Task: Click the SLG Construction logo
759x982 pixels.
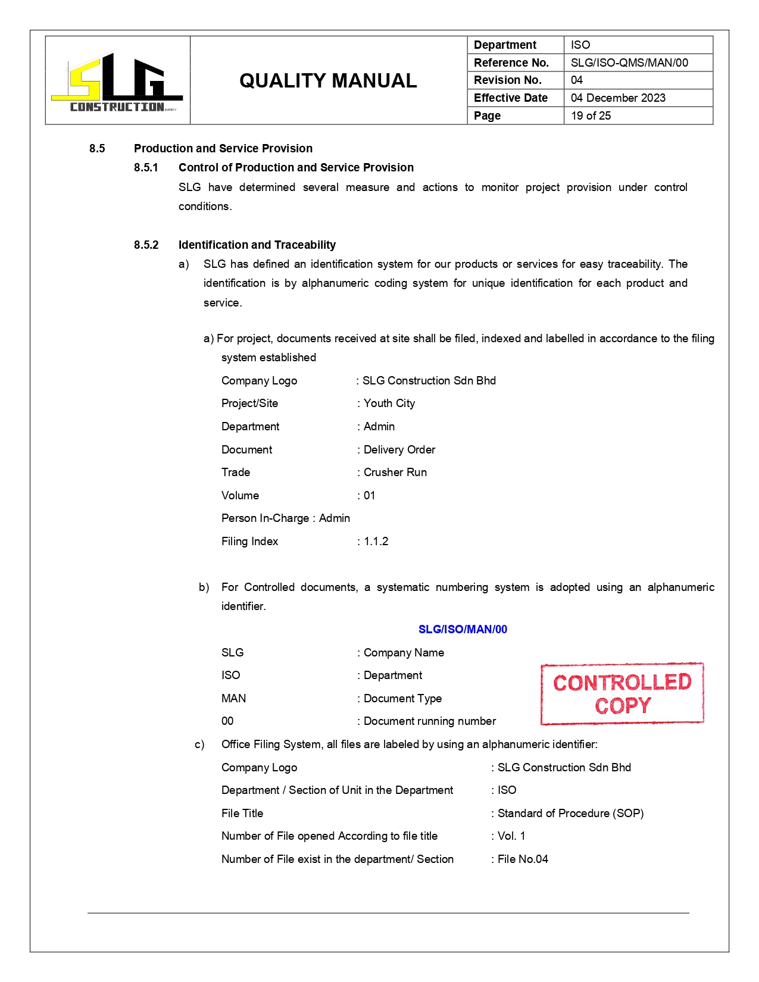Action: (117, 81)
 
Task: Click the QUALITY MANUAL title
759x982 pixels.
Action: (328, 81)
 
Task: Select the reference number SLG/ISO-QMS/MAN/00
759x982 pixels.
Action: (629, 62)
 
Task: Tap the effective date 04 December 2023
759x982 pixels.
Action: (618, 98)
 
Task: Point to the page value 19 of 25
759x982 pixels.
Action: (591, 116)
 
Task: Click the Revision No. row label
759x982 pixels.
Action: (508, 80)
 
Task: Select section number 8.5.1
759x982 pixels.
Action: (146, 168)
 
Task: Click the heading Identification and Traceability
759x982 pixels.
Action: (257, 245)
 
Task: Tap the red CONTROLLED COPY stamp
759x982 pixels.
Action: (622, 694)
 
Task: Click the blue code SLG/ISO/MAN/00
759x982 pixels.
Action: (463, 630)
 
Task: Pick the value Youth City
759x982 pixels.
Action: (389, 404)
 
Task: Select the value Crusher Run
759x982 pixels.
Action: (395, 473)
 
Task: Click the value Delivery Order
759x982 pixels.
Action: (399, 450)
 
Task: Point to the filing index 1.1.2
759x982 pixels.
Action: (376, 542)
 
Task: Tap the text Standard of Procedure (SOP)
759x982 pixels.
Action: (570, 814)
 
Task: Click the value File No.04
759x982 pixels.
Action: (523, 859)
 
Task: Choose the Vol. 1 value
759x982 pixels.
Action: (511, 836)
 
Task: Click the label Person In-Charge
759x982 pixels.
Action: (265, 518)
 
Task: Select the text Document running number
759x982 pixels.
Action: (430, 721)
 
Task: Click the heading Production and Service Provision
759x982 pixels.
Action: (223, 149)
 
